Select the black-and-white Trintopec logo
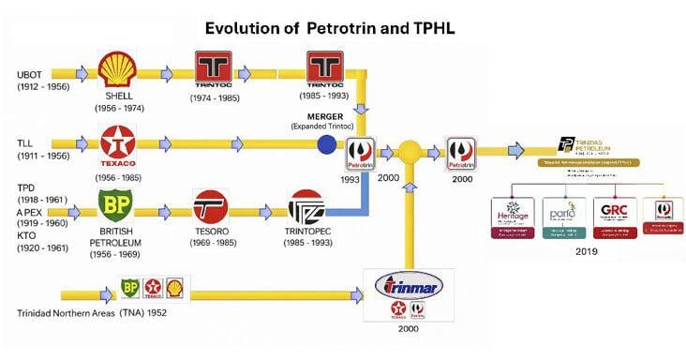(x=306, y=207)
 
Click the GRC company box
(x=615, y=217)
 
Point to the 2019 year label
(x=586, y=252)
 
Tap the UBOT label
(x=31, y=74)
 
